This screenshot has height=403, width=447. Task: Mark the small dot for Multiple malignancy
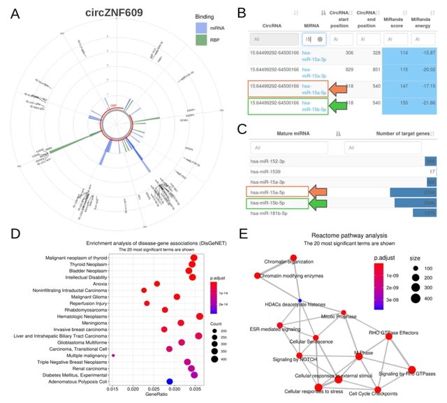tap(113, 356)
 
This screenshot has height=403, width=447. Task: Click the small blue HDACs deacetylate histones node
tap(300, 300)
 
